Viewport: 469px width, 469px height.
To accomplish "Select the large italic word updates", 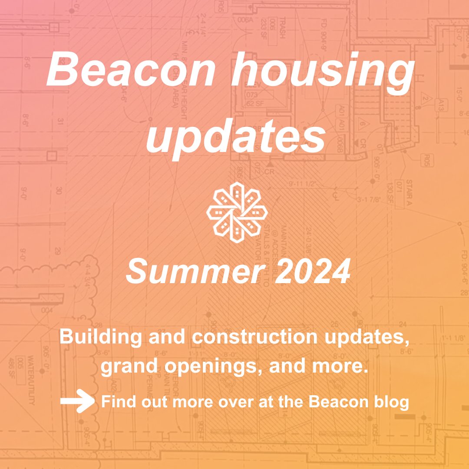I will tap(236, 135).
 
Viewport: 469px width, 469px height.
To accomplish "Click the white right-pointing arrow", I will tap(77, 402).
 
